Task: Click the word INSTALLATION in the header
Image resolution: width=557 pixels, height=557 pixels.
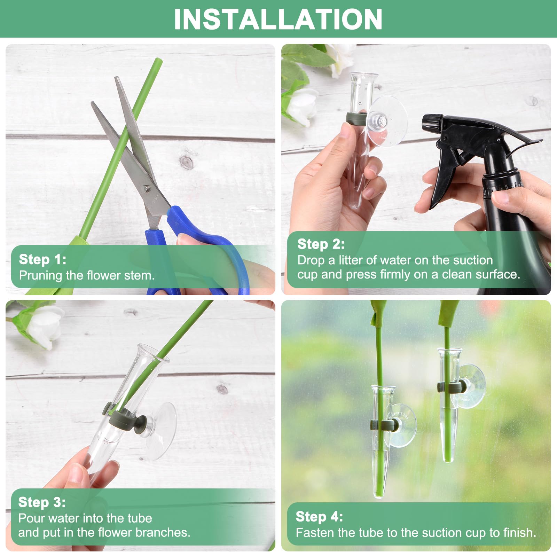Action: (x=278, y=19)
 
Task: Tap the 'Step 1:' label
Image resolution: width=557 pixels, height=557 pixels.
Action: (x=42, y=259)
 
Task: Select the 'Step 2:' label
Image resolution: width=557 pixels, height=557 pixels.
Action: (x=321, y=244)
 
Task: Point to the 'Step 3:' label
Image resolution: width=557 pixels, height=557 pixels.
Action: (x=42, y=502)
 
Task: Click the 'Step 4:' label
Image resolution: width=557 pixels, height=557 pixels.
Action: (x=319, y=517)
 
